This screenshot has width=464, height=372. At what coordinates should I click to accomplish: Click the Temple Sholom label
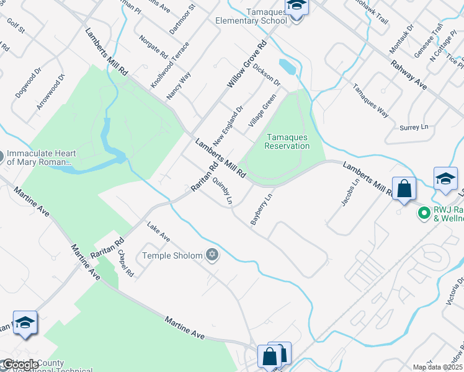pos(172,255)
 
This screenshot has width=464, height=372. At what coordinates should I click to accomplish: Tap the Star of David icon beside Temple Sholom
pos(212,255)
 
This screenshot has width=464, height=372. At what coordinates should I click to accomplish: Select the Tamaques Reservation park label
pos(287,141)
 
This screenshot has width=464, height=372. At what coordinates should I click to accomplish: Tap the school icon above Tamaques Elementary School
pos(297,7)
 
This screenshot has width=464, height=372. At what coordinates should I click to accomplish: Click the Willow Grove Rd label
pos(246,64)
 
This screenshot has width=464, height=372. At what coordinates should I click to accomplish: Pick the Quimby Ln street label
pos(221,192)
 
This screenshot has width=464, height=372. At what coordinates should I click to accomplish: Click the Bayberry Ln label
pos(261,210)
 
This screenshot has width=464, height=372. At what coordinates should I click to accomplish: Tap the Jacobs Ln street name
pos(349,193)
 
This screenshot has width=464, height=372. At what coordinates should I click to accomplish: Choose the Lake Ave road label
pos(158,232)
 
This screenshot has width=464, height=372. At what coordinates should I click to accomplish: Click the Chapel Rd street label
pos(125,263)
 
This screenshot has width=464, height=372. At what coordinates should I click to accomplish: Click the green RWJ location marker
pos(424,213)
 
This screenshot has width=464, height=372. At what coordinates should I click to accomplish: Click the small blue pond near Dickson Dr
pos(287,65)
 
